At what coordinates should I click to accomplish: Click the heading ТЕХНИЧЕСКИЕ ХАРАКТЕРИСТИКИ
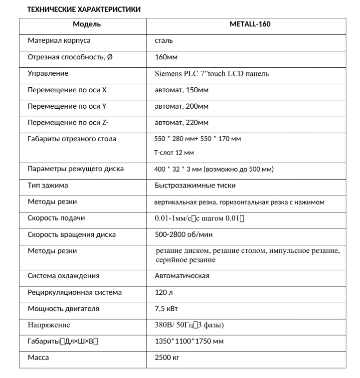[83, 9]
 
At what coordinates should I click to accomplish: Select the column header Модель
[87, 24]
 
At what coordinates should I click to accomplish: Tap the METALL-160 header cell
[250, 24]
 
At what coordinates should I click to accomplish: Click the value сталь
[164, 40]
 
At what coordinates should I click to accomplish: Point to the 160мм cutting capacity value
[166, 57]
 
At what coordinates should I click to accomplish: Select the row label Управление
[48, 73]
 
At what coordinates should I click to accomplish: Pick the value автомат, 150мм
[181, 90]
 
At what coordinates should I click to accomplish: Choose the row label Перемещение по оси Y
[67, 106]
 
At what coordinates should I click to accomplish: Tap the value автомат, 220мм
[181, 122]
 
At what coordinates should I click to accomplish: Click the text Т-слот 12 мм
[174, 153]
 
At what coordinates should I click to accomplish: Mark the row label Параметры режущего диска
[75, 169]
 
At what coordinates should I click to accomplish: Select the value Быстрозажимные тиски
[195, 185]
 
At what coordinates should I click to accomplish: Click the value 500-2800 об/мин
[183, 234]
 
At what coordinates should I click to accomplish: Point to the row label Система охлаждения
[63, 276]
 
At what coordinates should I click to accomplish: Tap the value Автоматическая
[181, 276]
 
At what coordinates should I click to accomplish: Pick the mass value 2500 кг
[167, 358]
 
